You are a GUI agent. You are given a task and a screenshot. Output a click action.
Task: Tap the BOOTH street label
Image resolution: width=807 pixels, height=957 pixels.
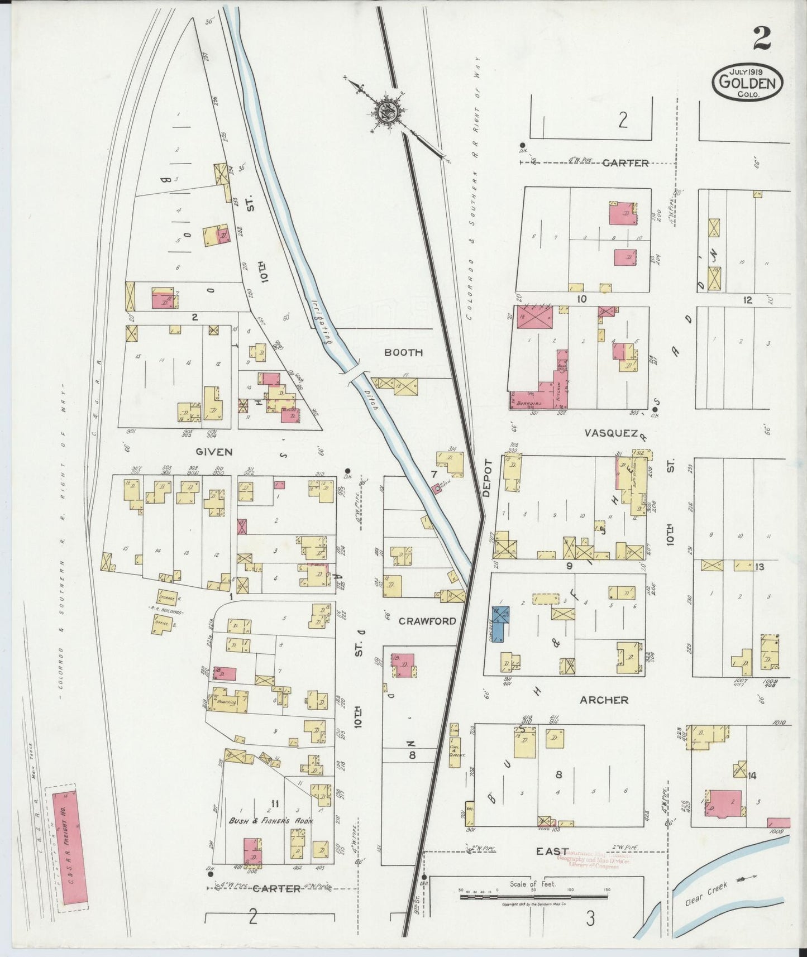(403, 353)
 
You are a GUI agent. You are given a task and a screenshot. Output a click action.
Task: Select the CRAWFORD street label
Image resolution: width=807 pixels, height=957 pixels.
(428, 621)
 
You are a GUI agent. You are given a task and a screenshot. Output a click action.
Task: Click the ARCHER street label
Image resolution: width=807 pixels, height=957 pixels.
(604, 700)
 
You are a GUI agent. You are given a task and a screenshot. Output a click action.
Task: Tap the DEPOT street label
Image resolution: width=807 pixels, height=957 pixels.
(486, 478)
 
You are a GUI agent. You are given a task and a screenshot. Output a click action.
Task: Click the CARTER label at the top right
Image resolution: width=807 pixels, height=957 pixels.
(625, 163)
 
